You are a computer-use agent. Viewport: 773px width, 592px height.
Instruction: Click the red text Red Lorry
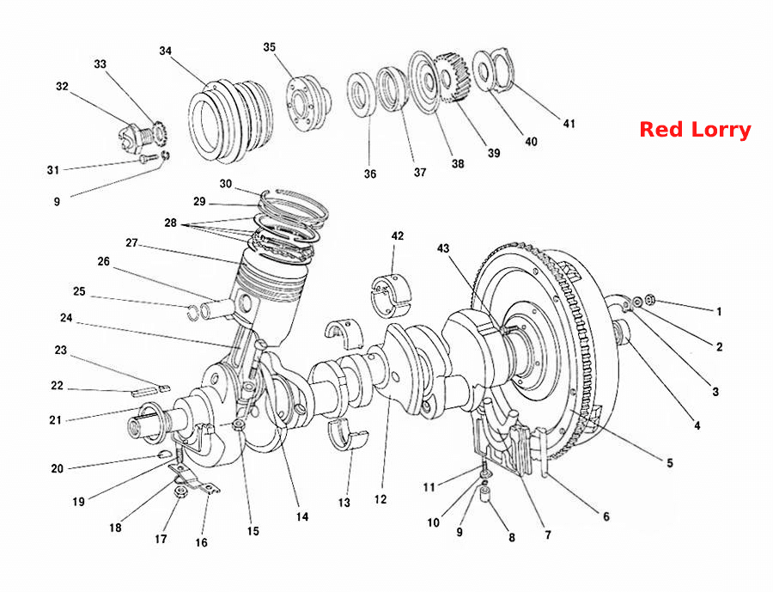click(695, 130)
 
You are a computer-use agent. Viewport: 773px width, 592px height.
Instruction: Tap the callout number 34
click(165, 51)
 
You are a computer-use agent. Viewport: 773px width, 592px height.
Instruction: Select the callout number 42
click(398, 235)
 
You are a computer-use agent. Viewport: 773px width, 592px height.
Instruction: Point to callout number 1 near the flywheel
click(719, 311)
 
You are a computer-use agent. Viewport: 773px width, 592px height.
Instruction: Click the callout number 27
click(131, 243)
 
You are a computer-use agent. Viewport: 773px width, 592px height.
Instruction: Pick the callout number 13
click(344, 503)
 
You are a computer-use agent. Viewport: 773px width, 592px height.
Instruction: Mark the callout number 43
click(443, 247)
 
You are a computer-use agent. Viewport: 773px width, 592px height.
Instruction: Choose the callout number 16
click(201, 543)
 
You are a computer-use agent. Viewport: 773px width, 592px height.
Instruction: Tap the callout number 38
click(458, 164)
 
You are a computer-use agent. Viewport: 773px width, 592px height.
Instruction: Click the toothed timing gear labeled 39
click(449, 78)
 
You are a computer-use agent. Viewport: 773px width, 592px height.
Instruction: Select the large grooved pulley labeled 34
click(230, 121)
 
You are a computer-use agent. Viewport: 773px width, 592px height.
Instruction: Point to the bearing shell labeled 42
click(391, 295)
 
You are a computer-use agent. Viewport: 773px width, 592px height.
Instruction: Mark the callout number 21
click(55, 420)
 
